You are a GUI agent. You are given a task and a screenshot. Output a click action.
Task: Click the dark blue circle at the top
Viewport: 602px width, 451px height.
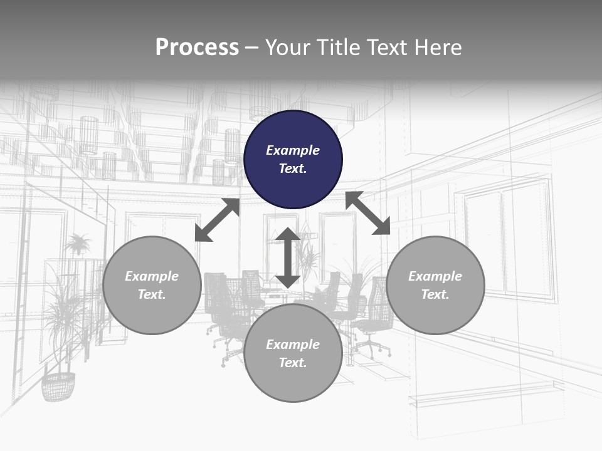pyautogui.click(x=293, y=159)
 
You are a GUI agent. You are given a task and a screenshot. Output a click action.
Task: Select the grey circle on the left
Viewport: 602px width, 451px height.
pyautogui.click(x=152, y=285)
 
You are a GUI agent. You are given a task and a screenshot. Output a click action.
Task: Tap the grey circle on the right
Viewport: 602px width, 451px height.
pyautogui.click(x=435, y=285)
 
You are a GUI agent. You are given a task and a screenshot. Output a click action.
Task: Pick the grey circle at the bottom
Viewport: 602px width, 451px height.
pyautogui.click(x=293, y=353)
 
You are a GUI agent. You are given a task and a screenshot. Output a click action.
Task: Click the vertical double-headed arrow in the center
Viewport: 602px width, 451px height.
pyautogui.click(x=288, y=257)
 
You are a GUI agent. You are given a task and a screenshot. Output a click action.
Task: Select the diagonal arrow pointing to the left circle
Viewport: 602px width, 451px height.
pyautogui.click(x=217, y=220)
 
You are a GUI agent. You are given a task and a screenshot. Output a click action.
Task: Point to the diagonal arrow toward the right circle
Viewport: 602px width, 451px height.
pyautogui.click(x=368, y=213)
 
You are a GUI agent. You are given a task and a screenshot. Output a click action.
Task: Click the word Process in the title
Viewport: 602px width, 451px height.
pyautogui.click(x=197, y=48)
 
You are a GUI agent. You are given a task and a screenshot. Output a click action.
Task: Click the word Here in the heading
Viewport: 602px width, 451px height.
pyautogui.click(x=438, y=48)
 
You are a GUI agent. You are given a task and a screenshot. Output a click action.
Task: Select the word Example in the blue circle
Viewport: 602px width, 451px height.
pyautogui.click(x=293, y=150)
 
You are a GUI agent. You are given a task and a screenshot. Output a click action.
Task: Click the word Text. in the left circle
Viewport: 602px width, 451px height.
pyautogui.click(x=152, y=294)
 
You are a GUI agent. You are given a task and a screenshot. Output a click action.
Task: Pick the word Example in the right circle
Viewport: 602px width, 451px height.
pyautogui.click(x=435, y=276)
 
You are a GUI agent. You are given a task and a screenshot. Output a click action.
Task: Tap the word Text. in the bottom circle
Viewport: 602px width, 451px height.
pyautogui.click(x=293, y=363)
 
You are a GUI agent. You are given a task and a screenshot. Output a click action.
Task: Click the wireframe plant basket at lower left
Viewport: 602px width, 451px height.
pyautogui.click(x=58, y=386)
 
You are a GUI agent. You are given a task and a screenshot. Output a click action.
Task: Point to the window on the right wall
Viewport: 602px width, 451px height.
pyautogui.click(x=508, y=241)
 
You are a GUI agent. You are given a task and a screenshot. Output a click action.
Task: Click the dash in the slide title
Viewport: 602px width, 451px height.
pyautogui.click(x=251, y=48)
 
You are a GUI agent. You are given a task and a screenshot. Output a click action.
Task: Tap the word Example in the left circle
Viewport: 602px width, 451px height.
pyautogui.click(x=152, y=276)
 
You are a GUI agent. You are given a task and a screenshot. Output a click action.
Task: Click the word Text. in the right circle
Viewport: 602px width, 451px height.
pyautogui.click(x=435, y=294)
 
